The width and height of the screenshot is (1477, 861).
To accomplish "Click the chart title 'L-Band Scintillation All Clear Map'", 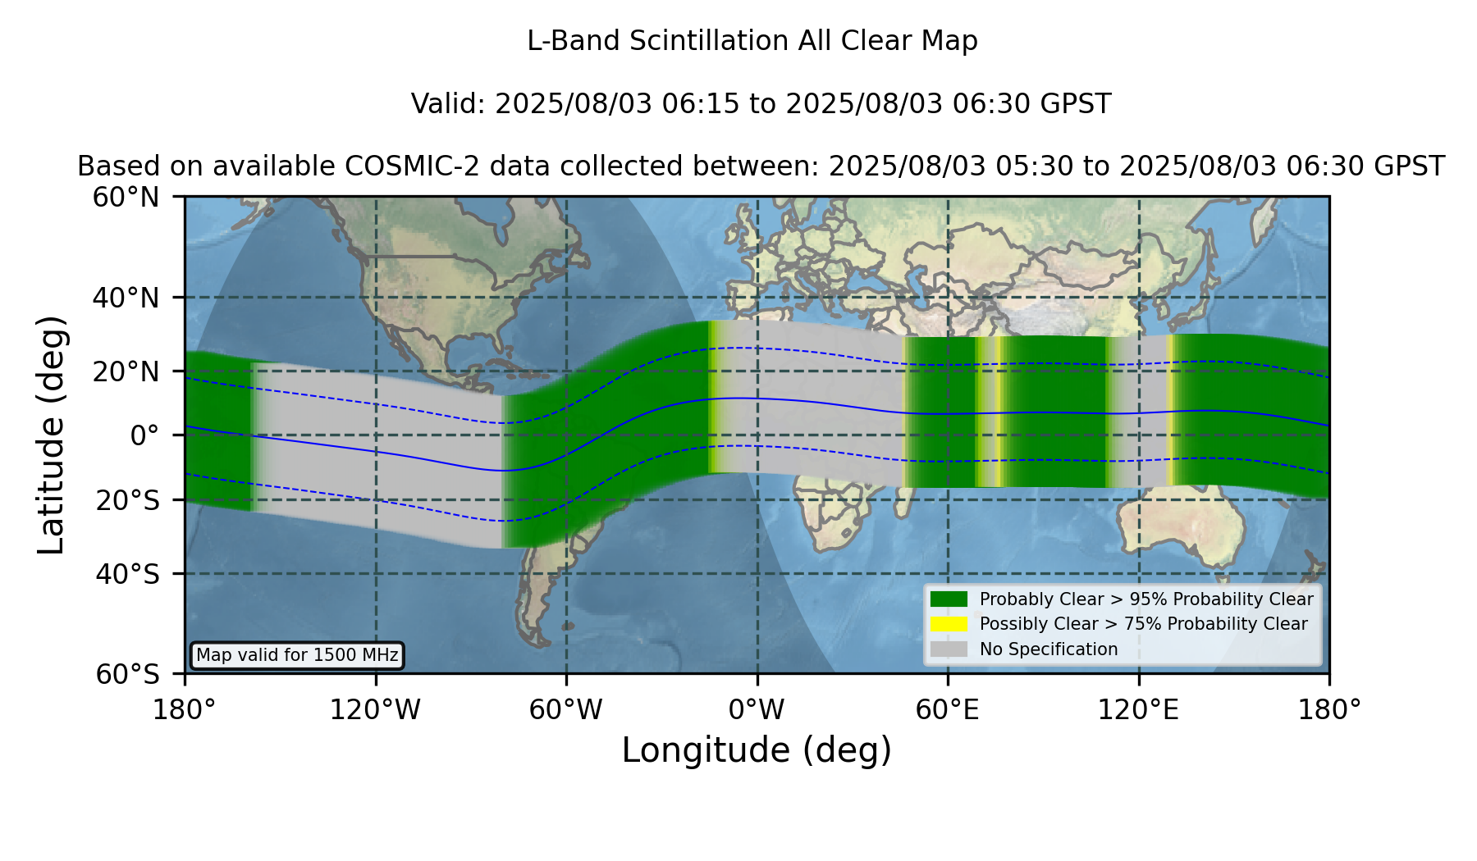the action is pyautogui.click(x=752, y=41).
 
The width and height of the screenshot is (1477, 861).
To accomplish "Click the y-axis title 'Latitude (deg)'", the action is pyautogui.click(x=51, y=435).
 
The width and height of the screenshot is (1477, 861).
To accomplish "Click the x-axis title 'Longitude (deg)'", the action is pyautogui.click(x=757, y=750).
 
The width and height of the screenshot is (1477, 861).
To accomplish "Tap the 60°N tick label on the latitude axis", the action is pyautogui.click(x=126, y=198).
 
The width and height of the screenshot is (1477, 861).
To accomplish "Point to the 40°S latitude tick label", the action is pyautogui.click(x=128, y=574).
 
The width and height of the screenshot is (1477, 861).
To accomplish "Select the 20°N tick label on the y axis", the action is pyautogui.click(x=126, y=371).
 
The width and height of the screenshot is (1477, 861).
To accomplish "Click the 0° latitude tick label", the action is pyautogui.click(x=144, y=435).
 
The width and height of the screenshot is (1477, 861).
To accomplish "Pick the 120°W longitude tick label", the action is pyautogui.click(x=375, y=710).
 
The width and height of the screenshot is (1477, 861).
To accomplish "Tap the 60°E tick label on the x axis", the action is pyautogui.click(x=948, y=710).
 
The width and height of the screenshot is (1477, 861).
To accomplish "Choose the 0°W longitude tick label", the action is pyautogui.click(x=757, y=710).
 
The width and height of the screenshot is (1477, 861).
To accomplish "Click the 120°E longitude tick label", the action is pyautogui.click(x=1138, y=710).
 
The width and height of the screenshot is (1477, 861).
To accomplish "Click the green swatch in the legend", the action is pyautogui.click(x=949, y=599).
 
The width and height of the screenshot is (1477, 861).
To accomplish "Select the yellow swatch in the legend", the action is pyautogui.click(x=949, y=624).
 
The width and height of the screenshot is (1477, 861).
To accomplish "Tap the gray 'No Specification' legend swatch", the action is pyautogui.click(x=949, y=649).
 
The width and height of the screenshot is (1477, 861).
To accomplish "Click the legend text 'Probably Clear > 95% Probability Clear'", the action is pyautogui.click(x=1146, y=599).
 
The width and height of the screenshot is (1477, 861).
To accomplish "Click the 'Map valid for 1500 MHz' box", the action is pyautogui.click(x=297, y=655).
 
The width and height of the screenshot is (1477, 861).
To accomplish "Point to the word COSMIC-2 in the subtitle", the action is pyautogui.click(x=399, y=166).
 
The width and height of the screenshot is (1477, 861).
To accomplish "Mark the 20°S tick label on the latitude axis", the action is pyautogui.click(x=128, y=500).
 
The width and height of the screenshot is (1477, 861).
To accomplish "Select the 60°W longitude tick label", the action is pyautogui.click(x=565, y=710).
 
